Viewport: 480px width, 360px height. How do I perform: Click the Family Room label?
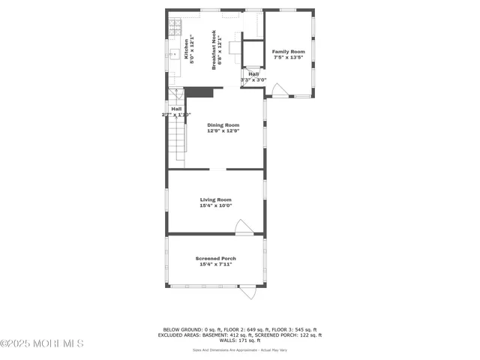[288, 52]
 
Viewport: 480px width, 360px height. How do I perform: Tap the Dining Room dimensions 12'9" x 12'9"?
[223, 131]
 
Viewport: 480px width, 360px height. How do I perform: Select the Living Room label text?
[216, 199]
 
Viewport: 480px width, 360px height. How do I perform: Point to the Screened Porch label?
[216, 258]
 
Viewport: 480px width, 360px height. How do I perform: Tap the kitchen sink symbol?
[172, 54]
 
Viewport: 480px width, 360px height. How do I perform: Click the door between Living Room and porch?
[243, 227]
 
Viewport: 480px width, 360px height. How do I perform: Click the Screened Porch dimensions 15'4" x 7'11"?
[216, 264]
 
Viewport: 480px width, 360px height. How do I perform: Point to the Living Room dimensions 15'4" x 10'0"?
[216, 205]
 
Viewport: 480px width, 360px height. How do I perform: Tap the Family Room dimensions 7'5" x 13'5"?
[288, 57]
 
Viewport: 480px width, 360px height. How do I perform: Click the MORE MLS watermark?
[42, 343]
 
